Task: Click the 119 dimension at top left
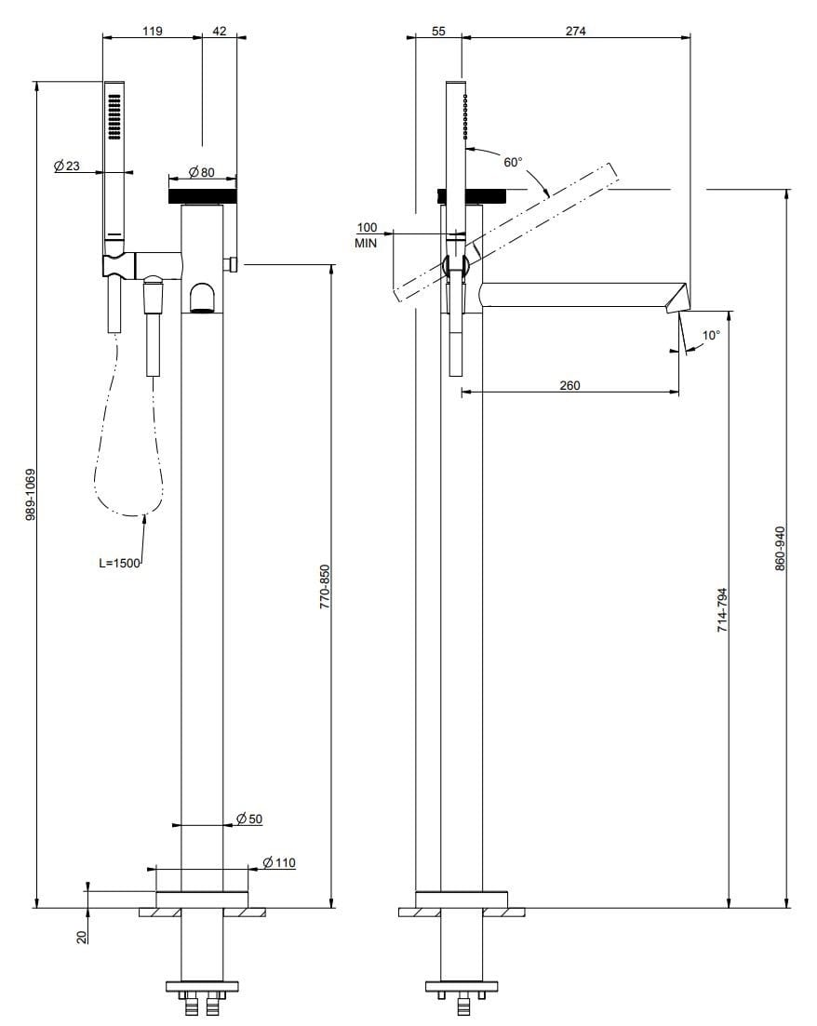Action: pyautogui.click(x=152, y=30)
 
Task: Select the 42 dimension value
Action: pyautogui.click(x=220, y=30)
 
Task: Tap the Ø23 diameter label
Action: pyautogui.click(x=67, y=167)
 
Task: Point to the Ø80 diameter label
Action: pyautogui.click(x=201, y=172)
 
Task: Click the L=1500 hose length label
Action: pyautogui.click(x=119, y=563)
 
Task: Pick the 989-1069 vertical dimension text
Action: pyautogui.click(x=32, y=493)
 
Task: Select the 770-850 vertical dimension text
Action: pyautogui.click(x=325, y=586)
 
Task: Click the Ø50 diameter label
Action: pyautogui.click(x=249, y=819)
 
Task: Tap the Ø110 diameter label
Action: pyautogui.click(x=279, y=862)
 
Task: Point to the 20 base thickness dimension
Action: pyautogui.click(x=81, y=937)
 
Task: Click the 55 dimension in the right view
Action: pyautogui.click(x=439, y=31)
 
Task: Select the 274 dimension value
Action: pyautogui.click(x=576, y=31)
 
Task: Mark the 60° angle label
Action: pyautogui.click(x=513, y=162)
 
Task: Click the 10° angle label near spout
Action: pyautogui.click(x=710, y=335)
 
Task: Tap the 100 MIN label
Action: pyautogui.click(x=367, y=234)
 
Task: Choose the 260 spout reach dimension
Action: pyautogui.click(x=569, y=385)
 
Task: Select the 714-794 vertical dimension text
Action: pyautogui.click(x=721, y=610)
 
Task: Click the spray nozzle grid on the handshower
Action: pyautogui.click(x=114, y=117)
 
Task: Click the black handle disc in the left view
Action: pyautogui.click(x=202, y=196)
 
